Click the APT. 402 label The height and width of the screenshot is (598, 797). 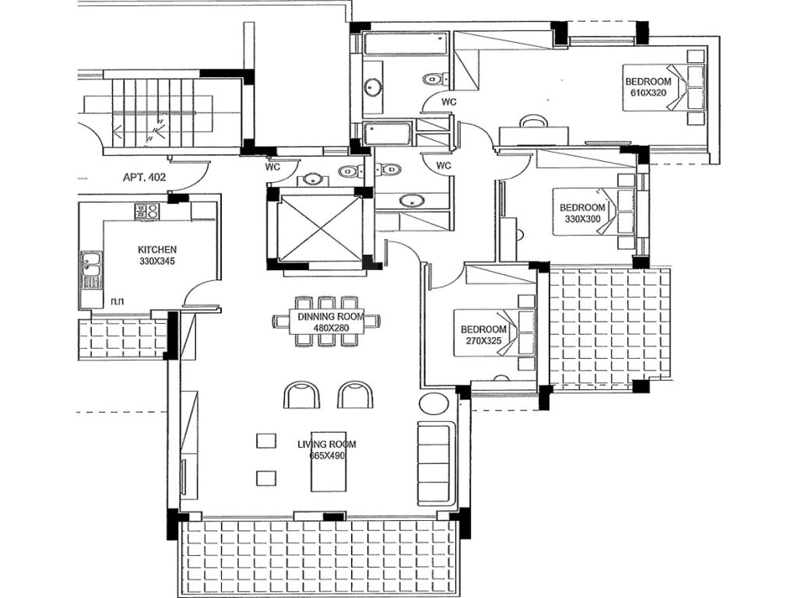tap(144, 178)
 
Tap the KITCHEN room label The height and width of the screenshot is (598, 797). tap(157, 250)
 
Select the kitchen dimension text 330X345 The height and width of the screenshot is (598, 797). tap(157, 262)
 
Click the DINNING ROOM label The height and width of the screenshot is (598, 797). tap(331, 317)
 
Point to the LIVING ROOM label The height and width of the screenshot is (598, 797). tap(327, 444)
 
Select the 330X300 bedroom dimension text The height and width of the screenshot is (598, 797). tap(582, 219)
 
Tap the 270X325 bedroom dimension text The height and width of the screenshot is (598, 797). tap(483, 341)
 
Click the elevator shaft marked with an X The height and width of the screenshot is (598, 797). tap(319, 228)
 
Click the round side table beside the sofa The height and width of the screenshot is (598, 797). tap(434, 405)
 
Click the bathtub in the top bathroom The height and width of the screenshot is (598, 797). tap(406, 44)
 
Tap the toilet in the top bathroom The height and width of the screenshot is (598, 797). tap(436, 79)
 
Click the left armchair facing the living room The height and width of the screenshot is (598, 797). tap(301, 394)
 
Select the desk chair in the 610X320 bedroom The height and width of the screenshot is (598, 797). tap(533, 120)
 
